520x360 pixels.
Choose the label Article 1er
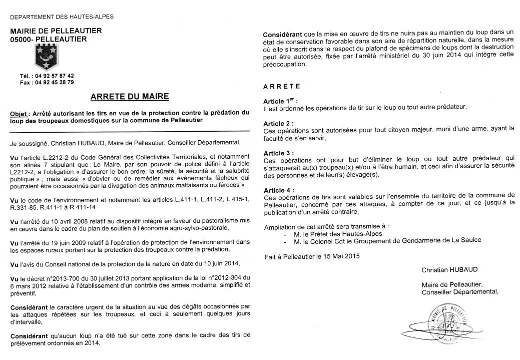tap(280, 100)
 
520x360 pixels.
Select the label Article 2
tap(278, 122)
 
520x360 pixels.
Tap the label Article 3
tap(278, 152)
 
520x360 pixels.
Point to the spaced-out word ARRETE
tap(282, 86)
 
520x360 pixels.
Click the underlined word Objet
tap(20, 114)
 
